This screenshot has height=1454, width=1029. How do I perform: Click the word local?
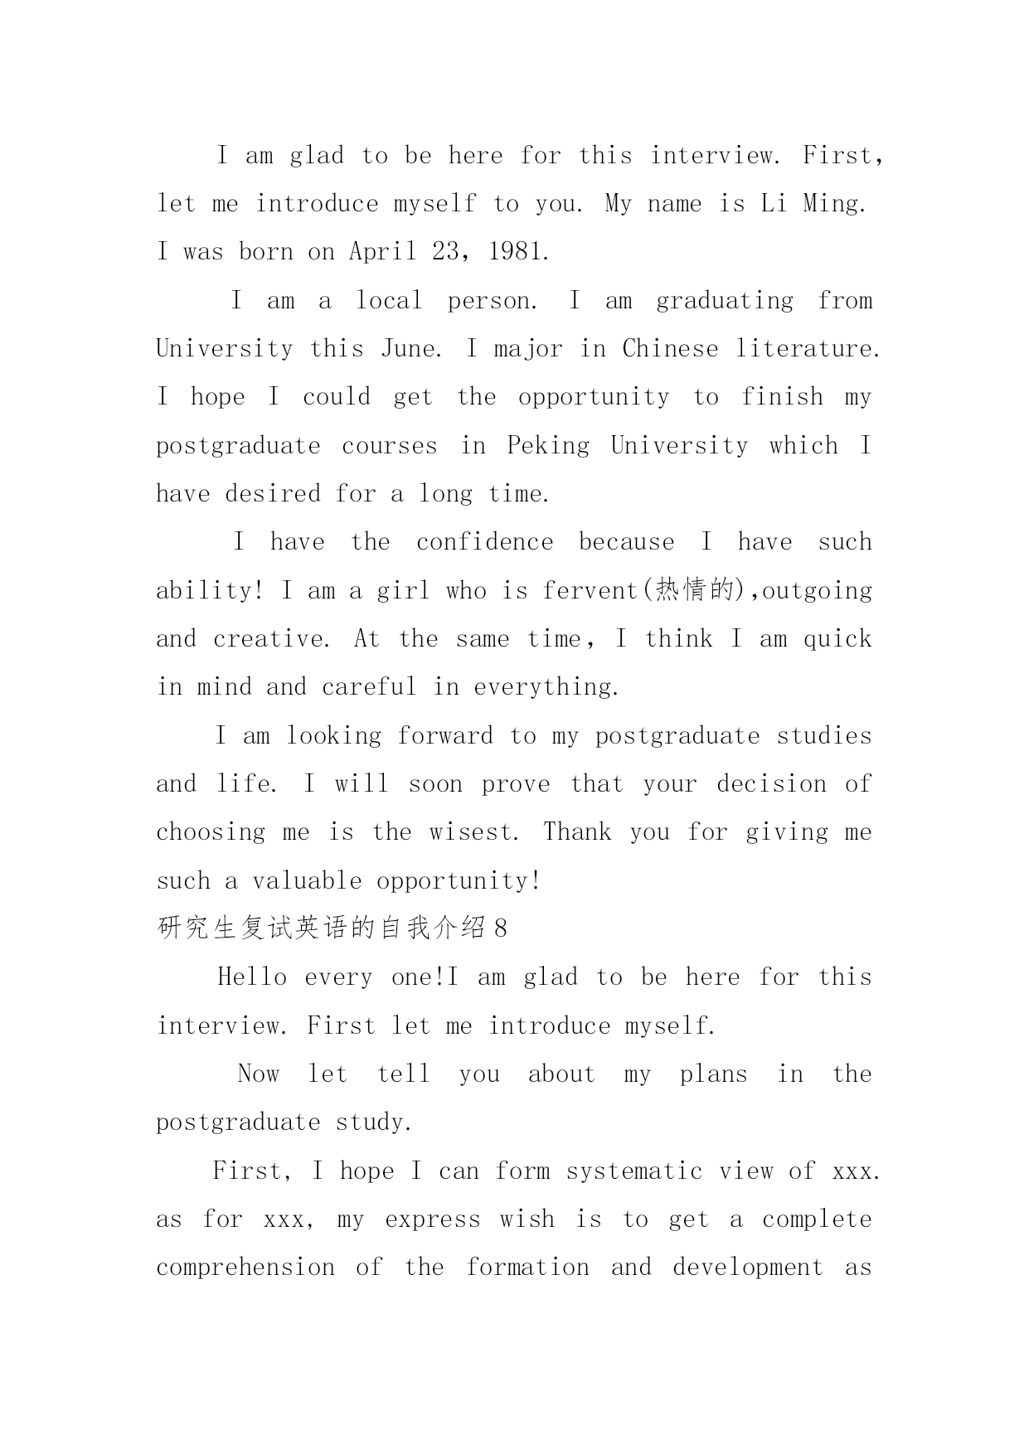tap(389, 300)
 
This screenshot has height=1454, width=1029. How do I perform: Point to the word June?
tap(410, 349)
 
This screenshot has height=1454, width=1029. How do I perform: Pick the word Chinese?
tap(670, 349)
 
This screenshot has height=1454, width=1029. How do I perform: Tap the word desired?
tap(273, 494)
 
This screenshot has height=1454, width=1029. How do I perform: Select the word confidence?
tap(484, 542)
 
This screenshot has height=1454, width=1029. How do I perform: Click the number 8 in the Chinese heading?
tap(499, 928)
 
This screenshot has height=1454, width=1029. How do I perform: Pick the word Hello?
tap(252, 977)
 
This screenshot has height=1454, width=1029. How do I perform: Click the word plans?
tap(713, 1074)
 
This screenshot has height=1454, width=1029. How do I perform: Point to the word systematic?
tap(634, 1170)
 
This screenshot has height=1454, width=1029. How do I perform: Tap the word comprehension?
tap(245, 1267)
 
